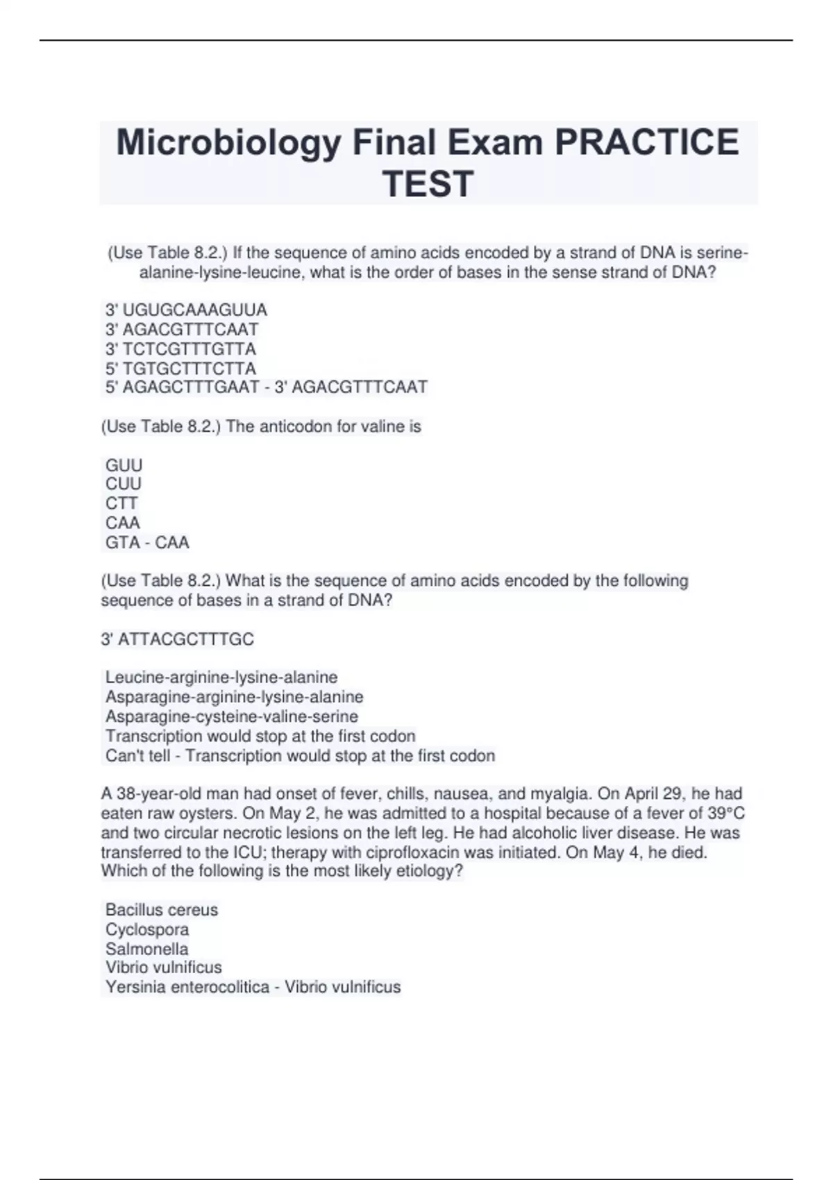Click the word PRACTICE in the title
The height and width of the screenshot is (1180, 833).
(x=646, y=142)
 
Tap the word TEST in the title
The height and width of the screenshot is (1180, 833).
(x=428, y=184)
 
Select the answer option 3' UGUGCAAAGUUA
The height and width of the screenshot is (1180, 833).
(x=186, y=310)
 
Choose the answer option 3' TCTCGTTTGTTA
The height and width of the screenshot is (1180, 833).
(x=180, y=348)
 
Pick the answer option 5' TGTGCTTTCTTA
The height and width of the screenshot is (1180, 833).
(x=180, y=368)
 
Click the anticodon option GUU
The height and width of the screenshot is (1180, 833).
(x=124, y=465)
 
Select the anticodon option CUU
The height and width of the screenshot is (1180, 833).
(x=124, y=484)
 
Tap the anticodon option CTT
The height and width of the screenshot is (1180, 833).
(x=121, y=503)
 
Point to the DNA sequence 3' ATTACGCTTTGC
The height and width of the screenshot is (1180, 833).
(x=178, y=639)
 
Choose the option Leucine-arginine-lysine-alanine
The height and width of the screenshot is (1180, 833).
(x=221, y=677)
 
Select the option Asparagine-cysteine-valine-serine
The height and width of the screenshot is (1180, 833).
(x=232, y=716)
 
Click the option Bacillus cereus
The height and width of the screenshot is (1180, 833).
(x=162, y=910)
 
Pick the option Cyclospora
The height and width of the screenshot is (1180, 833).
(x=147, y=929)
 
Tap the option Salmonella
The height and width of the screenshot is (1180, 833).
(x=146, y=949)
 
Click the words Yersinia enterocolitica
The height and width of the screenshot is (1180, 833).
(x=187, y=987)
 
